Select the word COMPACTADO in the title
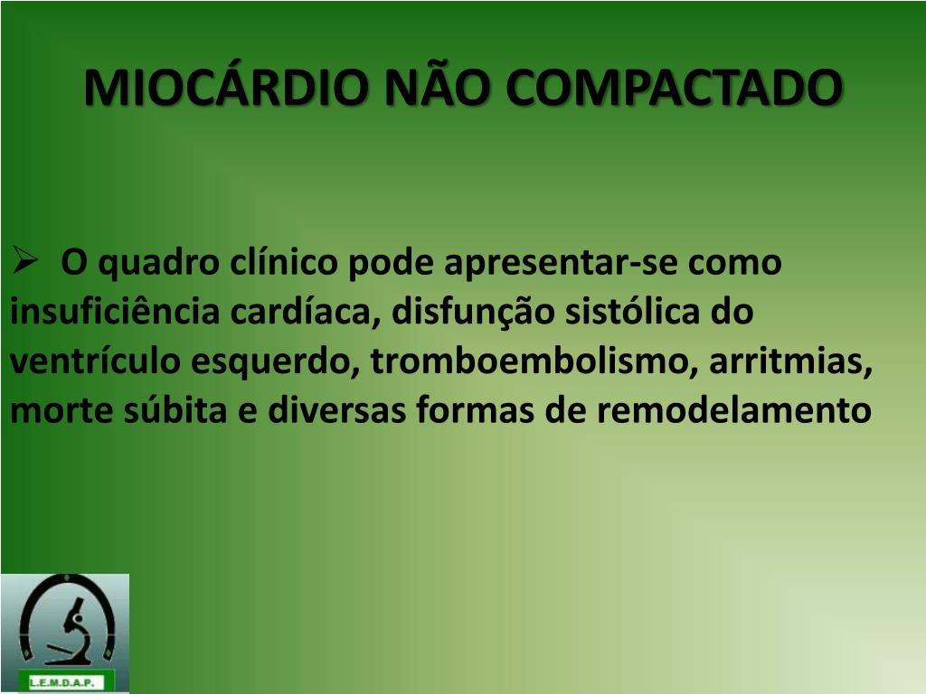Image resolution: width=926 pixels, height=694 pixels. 674,88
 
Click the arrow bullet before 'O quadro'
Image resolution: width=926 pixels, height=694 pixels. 24,260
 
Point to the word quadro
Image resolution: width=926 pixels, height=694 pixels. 158,263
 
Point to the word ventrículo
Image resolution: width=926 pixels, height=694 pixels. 95,360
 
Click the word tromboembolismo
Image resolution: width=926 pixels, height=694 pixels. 534,361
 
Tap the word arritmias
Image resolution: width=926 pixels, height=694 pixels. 790,361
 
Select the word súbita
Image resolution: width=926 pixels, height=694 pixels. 175,409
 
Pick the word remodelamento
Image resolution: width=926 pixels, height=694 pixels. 734,409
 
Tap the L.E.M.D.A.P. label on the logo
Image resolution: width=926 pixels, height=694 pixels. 62,682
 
